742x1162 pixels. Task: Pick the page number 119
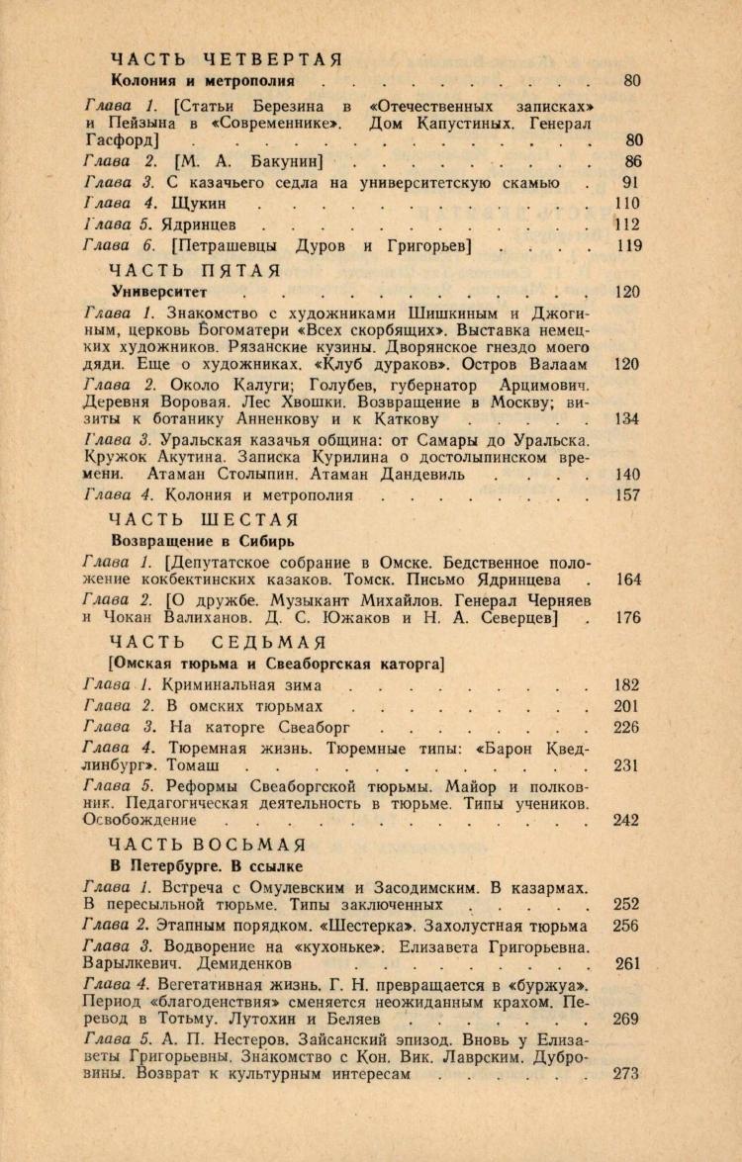(x=628, y=247)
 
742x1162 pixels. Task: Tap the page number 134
(x=627, y=418)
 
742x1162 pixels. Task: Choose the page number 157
(x=627, y=495)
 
